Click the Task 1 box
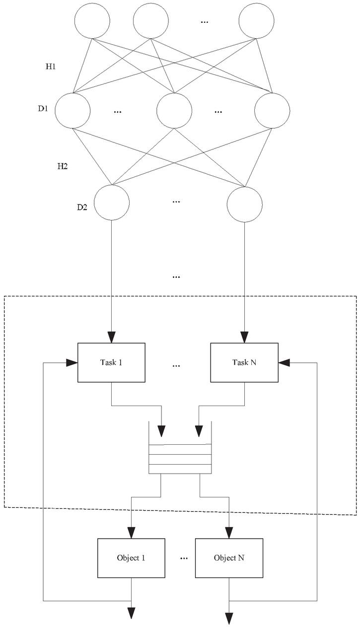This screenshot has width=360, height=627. (x=111, y=362)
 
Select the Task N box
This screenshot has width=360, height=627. (x=244, y=362)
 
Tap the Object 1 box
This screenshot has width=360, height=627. (x=131, y=558)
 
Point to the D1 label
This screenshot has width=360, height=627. (x=43, y=109)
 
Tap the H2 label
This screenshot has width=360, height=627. (x=62, y=166)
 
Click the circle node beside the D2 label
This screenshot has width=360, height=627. (x=112, y=203)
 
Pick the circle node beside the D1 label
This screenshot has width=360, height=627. (x=72, y=110)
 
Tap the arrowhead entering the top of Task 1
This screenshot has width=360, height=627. (x=111, y=338)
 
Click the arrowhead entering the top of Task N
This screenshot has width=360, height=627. (x=244, y=338)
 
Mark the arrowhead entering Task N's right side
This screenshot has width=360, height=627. (x=284, y=362)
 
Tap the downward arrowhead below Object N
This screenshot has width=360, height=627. (x=229, y=618)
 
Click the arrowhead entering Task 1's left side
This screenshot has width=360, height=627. (x=72, y=362)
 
